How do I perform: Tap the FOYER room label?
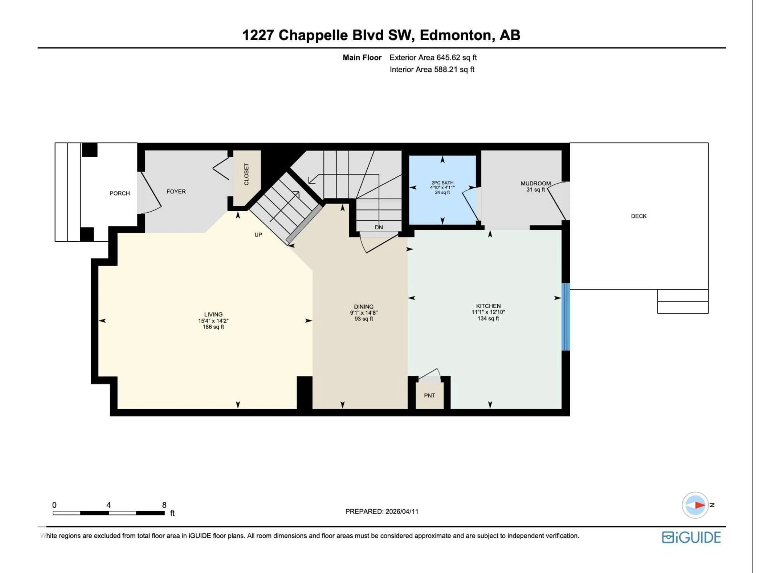(x=176, y=191)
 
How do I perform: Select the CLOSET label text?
(x=246, y=174)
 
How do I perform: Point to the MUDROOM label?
(x=535, y=183)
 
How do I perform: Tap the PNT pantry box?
(x=429, y=396)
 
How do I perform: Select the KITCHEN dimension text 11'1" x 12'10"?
(x=488, y=312)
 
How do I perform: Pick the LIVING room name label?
(x=213, y=314)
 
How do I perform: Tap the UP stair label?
(x=258, y=235)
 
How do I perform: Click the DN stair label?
(x=379, y=227)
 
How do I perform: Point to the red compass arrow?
(x=700, y=505)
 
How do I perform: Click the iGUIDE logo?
(x=691, y=537)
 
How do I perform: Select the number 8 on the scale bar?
(x=164, y=505)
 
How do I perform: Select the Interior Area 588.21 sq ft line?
(x=432, y=69)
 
